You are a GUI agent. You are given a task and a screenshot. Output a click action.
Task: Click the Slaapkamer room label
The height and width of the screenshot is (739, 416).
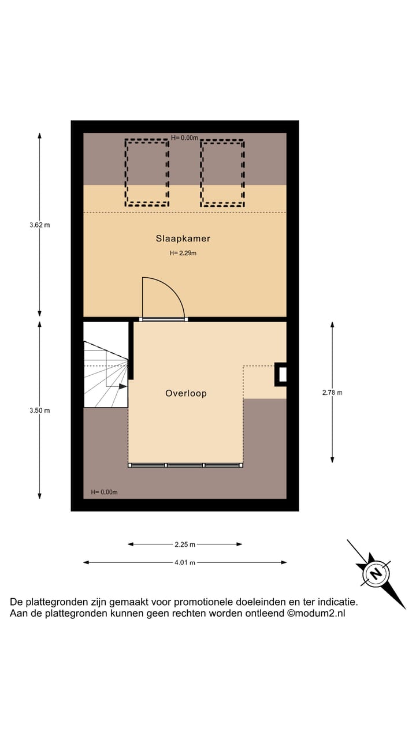(x=183, y=238)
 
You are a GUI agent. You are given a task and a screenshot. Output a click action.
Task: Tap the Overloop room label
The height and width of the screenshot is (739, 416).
(x=185, y=393)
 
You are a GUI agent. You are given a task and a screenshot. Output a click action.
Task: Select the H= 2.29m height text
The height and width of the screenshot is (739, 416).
(x=183, y=253)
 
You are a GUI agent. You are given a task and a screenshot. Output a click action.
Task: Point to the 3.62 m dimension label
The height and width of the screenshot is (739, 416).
(x=39, y=225)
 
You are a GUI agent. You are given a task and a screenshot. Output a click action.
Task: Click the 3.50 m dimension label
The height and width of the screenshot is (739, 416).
(x=39, y=410)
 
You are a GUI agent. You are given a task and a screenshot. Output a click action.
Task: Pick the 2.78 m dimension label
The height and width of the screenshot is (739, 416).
(x=332, y=393)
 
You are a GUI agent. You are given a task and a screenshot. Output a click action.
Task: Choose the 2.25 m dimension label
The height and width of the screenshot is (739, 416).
(x=185, y=544)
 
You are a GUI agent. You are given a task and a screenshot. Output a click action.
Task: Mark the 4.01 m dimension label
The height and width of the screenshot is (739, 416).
(x=185, y=562)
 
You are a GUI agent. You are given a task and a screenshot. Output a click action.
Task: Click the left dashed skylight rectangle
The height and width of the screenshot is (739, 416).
(x=147, y=172)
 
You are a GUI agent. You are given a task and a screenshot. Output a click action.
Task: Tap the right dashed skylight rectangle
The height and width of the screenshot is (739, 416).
(x=222, y=172)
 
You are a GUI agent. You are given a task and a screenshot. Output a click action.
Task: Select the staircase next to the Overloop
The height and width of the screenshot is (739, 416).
(x=105, y=365)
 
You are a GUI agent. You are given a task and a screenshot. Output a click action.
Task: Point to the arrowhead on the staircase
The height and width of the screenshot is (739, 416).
(x=123, y=386)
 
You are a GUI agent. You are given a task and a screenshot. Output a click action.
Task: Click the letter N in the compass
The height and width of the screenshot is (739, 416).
(x=376, y=574)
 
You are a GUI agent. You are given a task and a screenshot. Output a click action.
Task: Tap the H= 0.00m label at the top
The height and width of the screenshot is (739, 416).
(x=185, y=138)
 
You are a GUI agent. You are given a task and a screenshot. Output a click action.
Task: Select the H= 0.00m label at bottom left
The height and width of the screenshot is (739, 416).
(x=104, y=492)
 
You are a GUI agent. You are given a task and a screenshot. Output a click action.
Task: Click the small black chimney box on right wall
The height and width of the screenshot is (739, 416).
(x=281, y=374)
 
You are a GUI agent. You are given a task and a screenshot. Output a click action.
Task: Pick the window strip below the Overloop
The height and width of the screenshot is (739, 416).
(x=185, y=465)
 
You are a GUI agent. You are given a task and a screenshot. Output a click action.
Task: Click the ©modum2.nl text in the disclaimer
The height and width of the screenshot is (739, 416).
(x=316, y=614)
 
